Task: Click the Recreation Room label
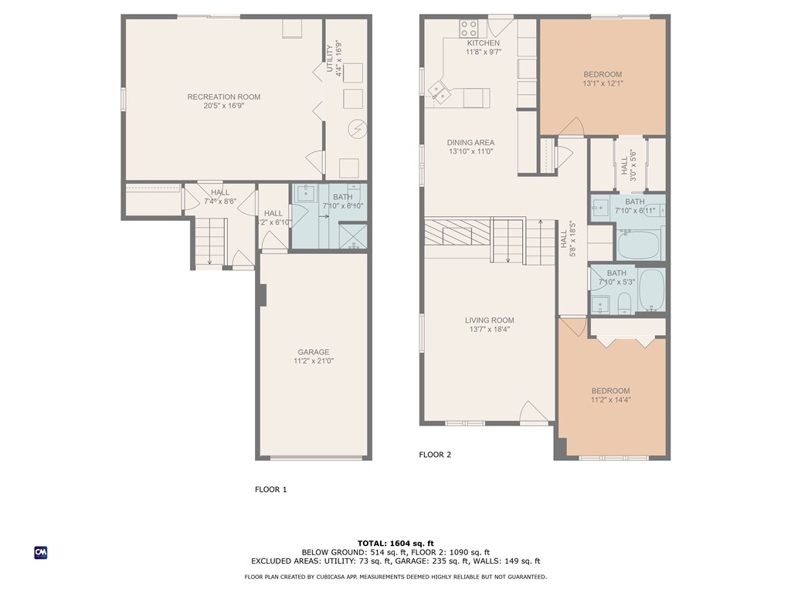[x=223, y=97]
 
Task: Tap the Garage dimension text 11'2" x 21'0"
[x=313, y=361]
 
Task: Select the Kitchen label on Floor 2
[x=483, y=43]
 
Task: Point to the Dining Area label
[x=470, y=143]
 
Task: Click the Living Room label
[x=489, y=320]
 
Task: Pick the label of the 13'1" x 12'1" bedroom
[x=602, y=75]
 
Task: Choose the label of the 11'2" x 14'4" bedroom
[x=610, y=391]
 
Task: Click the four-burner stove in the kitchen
[x=469, y=29]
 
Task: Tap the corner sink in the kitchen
[x=440, y=92]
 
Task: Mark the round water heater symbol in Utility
[x=355, y=128]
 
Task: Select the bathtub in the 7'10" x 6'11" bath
[x=639, y=246]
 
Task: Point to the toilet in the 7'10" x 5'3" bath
[x=626, y=303]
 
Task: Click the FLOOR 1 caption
[x=271, y=490]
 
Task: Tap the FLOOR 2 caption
[x=435, y=455]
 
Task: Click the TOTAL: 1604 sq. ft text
[x=395, y=543]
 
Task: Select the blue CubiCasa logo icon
[x=41, y=552]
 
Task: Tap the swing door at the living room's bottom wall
[x=532, y=414]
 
